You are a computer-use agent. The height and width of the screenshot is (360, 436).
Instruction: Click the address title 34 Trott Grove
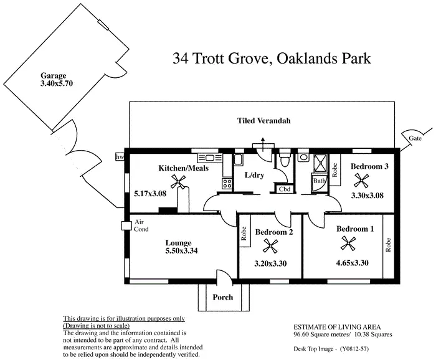[x=272, y=59]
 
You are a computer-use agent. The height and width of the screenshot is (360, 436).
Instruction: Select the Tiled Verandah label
[x=264, y=120]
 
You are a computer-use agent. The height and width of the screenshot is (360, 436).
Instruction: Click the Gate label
[x=415, y=138]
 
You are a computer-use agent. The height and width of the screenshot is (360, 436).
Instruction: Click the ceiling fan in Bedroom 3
[x=361, y=181]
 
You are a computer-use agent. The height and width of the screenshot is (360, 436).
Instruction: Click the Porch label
[x=222, y=297]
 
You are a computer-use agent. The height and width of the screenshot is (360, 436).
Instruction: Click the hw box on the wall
[x=120, y=158]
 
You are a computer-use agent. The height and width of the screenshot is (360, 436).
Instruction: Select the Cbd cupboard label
[x=285, y=189]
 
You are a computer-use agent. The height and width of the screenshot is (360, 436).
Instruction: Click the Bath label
[x=319, y=182]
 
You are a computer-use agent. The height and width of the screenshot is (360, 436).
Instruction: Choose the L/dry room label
[x=254, y=175]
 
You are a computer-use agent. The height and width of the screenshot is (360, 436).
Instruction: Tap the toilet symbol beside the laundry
[x=285, y=162]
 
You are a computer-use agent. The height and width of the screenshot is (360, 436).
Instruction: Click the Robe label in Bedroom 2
[x=244, y=232]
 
